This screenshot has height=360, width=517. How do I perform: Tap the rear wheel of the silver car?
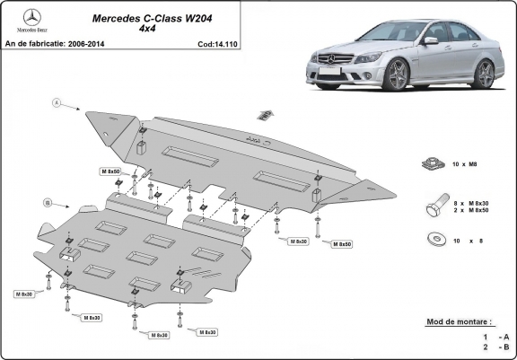(x=486, y=73)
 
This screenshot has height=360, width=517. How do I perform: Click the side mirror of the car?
(x=432, y=40)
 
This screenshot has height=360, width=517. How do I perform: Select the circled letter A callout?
(x=56, y=104)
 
